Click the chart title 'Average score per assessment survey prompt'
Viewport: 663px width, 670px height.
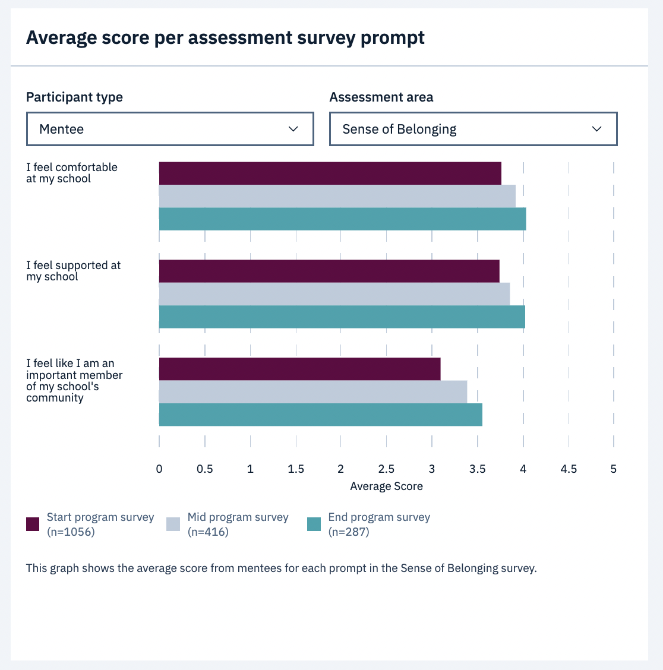tap(225, 38)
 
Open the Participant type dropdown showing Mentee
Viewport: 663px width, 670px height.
tap(170, 129)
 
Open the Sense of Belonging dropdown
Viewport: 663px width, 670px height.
tap(473, 129)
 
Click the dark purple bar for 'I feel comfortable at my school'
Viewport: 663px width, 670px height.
tap(330, 173)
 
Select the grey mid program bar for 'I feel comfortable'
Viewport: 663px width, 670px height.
tap(337, 196)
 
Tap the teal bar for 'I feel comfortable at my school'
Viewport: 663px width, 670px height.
tap(342, 219)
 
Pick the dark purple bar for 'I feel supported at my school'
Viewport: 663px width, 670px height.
tap(329, 271)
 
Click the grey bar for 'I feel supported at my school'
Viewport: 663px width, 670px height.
tap(334, 294)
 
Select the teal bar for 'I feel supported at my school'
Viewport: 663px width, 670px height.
tap(342, 317)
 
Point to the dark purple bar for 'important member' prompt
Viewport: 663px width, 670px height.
tap(299, 369)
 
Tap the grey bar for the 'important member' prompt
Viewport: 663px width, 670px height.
tap(312, 392)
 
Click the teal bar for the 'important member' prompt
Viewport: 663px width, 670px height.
tap(320, 415)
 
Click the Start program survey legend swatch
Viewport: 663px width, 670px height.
tap(33, 524)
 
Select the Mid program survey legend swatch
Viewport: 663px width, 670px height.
tap(173, 524)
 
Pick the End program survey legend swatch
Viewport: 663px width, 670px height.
tap(314, 524)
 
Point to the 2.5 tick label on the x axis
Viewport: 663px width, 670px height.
tap(386, 469)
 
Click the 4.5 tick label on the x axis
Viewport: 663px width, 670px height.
tap(569, 469)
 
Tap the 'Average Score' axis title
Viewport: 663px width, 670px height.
tap(386, 486)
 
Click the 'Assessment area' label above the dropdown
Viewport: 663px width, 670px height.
tap(381, 97)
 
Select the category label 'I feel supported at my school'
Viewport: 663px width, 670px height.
tap(73, 271)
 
